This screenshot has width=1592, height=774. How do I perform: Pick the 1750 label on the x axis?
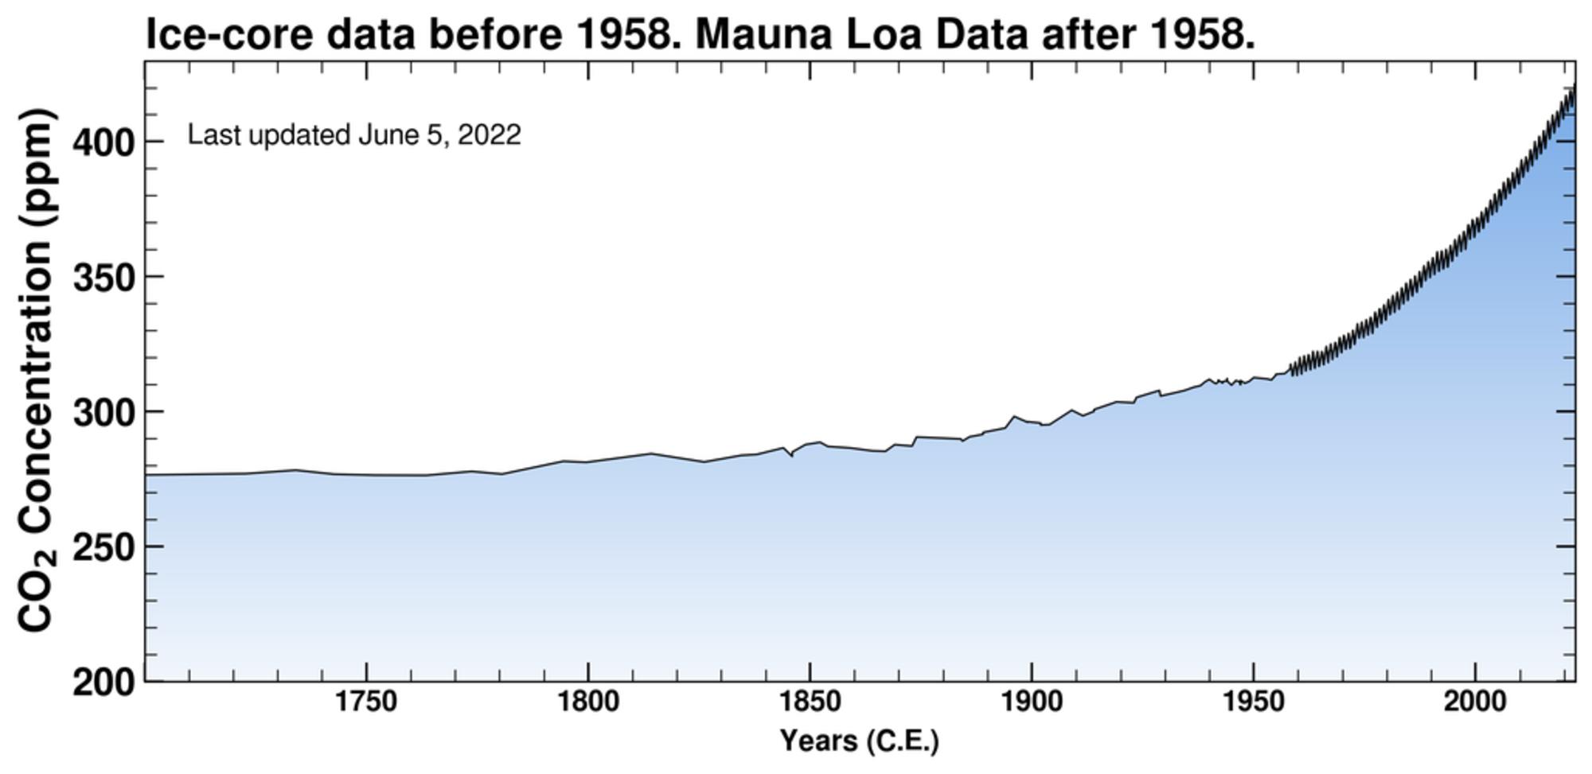(x=366, y=702)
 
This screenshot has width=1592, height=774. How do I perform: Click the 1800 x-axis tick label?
(x=587, y=702)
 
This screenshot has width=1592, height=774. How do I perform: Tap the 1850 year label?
(x=810, y=702)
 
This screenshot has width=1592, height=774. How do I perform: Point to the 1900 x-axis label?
(x=1032, y=702)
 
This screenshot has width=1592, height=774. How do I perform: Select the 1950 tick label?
(x=1254, y=702)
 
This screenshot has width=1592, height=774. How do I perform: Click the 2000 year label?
(x=1475, y=702)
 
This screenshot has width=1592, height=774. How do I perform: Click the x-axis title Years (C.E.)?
(x=859, y=741)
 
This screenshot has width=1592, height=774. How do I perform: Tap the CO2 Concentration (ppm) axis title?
(x=36, y=371)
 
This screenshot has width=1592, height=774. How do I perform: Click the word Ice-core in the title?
(x=229, y=34)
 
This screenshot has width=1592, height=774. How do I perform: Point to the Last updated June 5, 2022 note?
(x=354, y=134)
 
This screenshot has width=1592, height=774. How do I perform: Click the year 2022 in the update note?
(x=490, y=134)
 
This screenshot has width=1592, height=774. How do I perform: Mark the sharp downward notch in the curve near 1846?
(x=791, y=456)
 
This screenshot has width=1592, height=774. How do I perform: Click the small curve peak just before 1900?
(x=1014, y=416)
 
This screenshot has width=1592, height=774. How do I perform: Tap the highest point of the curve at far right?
(x=1574, y=84)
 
